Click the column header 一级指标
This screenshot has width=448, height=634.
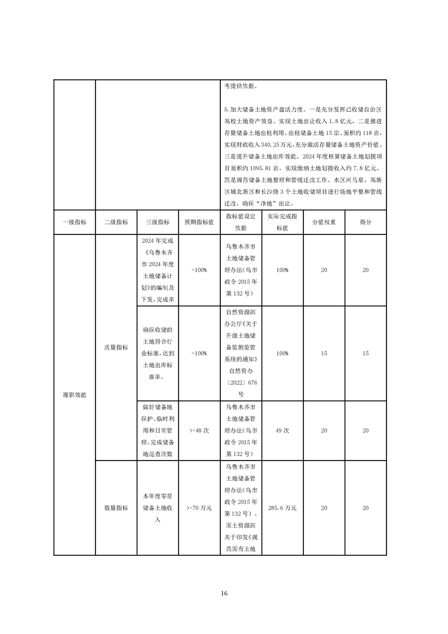[75, 222]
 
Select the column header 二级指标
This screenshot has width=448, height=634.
[116, 222]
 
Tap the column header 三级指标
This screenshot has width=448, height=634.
[157, 222]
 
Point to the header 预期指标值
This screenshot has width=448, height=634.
[199, 222]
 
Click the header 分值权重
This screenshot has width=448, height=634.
[324, 222]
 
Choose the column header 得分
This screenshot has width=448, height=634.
[366, 222]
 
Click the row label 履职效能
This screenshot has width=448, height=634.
[75, 394]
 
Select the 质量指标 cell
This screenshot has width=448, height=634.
[116, 348]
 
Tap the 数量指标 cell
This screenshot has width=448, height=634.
[116, 508]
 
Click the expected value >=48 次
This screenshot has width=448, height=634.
[199, 430]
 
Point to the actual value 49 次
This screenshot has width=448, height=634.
[282, 430]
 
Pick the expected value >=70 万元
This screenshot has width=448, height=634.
[199, 508]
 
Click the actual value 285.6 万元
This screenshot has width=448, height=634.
[282, 508]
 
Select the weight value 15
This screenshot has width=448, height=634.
[324, 353]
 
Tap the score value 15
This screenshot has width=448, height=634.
[366, 353]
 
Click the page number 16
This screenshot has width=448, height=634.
[224, 593]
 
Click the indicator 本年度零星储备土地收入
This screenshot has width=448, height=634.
[157, 508]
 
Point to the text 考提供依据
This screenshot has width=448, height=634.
[240, 87]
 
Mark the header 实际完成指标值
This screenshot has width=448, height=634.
[282, 222]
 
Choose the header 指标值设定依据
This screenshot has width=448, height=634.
[241, 222]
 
